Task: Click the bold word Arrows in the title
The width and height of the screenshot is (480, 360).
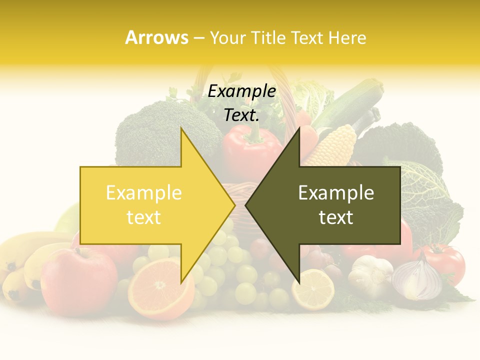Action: point(156,37)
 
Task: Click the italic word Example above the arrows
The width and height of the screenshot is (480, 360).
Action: point(241,91)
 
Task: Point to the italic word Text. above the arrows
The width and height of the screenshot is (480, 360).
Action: point(241,115)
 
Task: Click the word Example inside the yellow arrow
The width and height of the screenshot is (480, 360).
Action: point(144,193)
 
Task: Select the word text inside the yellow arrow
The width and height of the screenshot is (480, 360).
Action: point(144,217)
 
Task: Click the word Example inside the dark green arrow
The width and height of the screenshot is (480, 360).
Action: point(336,193)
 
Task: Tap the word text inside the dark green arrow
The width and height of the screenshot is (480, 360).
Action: point(336,217)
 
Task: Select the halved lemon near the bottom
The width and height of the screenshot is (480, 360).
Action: point(313,289)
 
